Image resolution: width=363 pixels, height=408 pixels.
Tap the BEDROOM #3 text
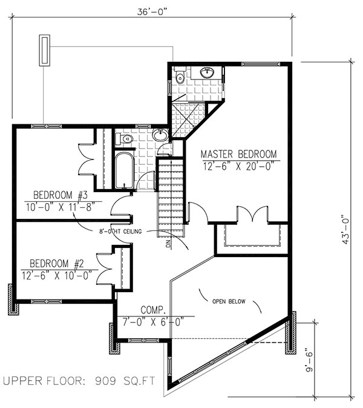click(60, 195)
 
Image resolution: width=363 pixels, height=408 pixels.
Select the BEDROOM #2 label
click(55, 264)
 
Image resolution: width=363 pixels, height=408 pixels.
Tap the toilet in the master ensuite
click(180, 77)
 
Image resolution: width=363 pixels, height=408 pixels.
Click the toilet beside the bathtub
click(126, 139)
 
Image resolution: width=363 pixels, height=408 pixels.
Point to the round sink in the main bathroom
click(160, 135)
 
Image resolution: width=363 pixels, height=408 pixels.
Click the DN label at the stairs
click(169, 244)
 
